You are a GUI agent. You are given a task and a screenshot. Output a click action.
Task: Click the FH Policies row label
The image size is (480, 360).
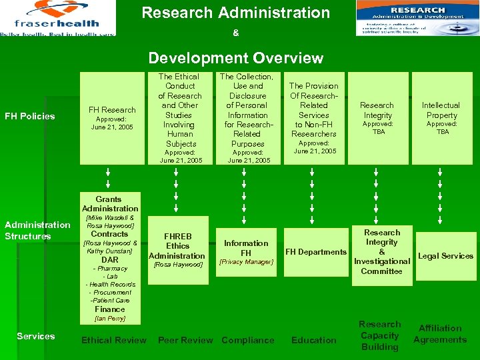click(x=30, y=116)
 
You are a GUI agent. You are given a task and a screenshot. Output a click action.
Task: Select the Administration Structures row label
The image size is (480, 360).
click(x=37, y=230)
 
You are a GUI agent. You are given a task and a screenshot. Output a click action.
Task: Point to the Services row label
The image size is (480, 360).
click(x=36, y=336)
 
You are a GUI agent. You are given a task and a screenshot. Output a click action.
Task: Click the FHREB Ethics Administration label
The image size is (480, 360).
click(x=177, y=246)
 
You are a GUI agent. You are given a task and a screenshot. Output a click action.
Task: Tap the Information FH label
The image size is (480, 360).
click(x=246, y=248)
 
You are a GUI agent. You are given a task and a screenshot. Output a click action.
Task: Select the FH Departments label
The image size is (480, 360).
click(x=316, y=251)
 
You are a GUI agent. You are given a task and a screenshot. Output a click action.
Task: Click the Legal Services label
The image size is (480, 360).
click(x=445, y=255)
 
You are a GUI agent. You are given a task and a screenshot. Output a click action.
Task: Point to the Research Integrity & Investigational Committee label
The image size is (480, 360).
click(x=382, y=251)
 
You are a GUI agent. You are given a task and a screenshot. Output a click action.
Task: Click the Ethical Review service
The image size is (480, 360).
click(x=114, y=340)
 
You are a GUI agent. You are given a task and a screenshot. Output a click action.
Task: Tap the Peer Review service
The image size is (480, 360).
click(x=185, y=340)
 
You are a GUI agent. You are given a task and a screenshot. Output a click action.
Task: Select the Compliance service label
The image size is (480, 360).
click(x=248, y=340)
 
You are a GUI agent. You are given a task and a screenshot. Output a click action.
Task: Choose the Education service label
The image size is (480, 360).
click(x=314, y=340)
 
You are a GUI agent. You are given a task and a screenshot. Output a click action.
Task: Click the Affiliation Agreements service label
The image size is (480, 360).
click(x=440, y=334)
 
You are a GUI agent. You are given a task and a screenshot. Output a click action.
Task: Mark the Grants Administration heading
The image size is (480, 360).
click(x=109, y=203)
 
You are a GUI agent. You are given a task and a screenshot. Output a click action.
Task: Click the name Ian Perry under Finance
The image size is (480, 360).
click(x=109, y=318)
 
